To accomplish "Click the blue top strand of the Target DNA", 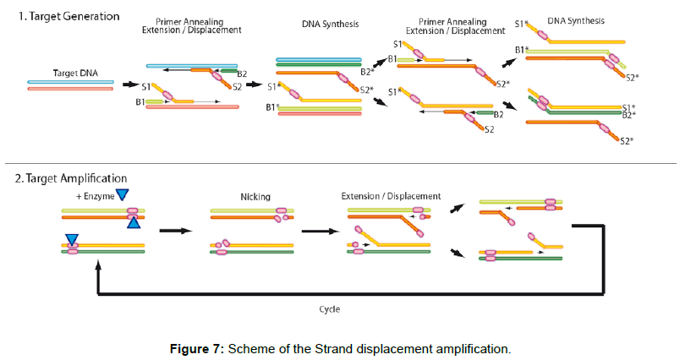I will pos(69,82).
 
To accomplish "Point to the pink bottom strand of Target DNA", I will pos(69,88).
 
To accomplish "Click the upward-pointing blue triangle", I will pos(132,222).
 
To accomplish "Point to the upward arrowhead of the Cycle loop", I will pos(100,265).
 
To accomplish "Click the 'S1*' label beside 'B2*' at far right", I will pos(628,107).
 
